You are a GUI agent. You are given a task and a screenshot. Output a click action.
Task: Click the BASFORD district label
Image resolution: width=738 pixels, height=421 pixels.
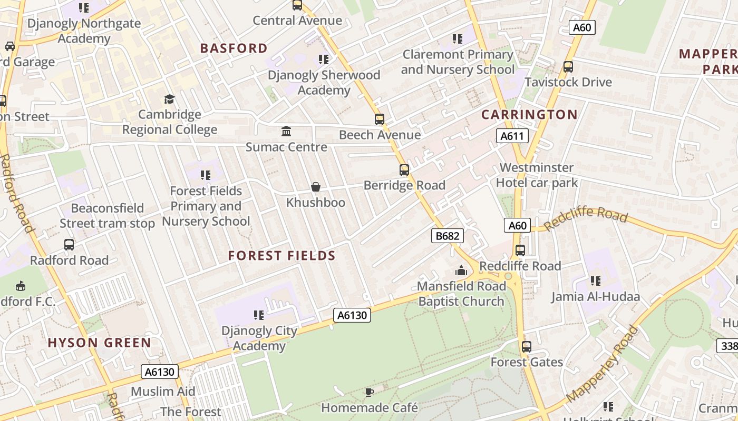pos(234,48)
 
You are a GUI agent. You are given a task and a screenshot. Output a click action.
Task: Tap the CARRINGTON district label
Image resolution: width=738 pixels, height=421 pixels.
pos(529,115)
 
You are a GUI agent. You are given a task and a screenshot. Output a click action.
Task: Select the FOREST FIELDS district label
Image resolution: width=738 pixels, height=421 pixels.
pos(281,256)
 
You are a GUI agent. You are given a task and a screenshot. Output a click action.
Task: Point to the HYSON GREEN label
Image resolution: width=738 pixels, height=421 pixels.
pos(100,343)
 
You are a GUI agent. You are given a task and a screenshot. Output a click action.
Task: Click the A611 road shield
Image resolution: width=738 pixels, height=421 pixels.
pos(512,136)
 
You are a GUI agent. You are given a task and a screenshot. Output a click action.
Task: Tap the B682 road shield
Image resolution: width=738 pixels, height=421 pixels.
pos(448,236)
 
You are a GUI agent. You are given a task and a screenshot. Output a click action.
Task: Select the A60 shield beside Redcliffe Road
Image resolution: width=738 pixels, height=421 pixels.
pos(517,225)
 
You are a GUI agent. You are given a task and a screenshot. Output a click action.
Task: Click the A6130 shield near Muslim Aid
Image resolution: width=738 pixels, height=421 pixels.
pos(160,372)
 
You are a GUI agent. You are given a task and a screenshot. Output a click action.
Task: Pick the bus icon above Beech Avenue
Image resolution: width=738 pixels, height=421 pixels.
pos(380,119)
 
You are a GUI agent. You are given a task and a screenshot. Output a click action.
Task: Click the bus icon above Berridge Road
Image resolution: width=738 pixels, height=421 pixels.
pos(404,170)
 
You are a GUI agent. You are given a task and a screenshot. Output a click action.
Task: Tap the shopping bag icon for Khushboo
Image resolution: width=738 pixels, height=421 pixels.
pos(316,187)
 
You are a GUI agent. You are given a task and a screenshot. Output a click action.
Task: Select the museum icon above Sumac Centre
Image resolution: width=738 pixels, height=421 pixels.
pos(286,131)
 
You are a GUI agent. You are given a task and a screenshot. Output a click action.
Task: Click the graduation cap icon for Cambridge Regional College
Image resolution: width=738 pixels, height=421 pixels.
pos(169,99)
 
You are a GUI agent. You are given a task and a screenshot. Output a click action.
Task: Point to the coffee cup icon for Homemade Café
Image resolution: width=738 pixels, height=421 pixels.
pos(370,392)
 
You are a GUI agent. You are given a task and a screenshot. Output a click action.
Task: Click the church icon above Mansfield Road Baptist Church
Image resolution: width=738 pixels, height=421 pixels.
pos(461,271)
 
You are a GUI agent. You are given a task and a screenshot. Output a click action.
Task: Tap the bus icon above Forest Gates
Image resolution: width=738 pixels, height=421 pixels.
pos(526,347)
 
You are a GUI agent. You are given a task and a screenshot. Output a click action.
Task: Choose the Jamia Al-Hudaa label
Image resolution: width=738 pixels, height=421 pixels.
pos(596,297)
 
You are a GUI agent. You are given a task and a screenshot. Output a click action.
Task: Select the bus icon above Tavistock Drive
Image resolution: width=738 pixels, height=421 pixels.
pos(568,67)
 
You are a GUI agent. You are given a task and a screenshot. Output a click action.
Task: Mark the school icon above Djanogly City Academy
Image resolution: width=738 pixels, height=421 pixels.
pos(258,315)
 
